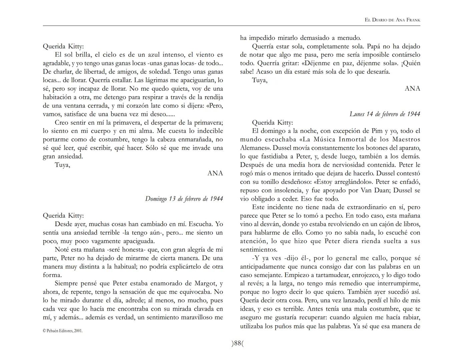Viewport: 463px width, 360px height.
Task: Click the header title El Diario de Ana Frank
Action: click(393, 20)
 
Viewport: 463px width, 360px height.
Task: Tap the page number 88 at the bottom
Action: click(238, 344)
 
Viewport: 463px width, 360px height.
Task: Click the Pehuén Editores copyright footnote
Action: click(63, 331)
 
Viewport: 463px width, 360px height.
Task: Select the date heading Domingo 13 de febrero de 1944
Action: click(184, 199)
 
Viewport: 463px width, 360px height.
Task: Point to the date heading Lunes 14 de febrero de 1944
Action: click(385, 114)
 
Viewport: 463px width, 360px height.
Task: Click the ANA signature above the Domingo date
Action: click(215, 173)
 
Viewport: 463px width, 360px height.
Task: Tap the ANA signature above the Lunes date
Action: click(412, 89)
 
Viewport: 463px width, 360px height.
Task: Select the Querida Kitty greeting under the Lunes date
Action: click(273, 123)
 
